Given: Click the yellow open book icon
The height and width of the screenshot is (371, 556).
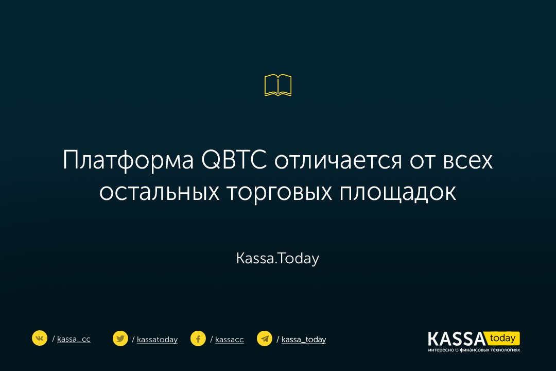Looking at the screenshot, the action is point(278,85).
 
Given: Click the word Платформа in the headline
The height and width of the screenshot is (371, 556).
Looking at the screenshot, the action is point(128,160).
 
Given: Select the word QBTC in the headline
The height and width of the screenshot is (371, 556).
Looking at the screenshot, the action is point(234,160).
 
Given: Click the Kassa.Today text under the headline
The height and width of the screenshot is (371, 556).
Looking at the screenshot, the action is point(277,259).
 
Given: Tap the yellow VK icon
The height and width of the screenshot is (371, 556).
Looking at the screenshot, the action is point(39,338).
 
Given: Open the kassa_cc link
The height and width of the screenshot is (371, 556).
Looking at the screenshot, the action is point(74,339).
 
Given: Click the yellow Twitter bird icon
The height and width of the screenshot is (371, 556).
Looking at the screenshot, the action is point(120,339).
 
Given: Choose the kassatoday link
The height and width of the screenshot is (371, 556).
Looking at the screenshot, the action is point(157,340).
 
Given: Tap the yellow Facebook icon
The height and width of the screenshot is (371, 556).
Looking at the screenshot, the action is point(198,339).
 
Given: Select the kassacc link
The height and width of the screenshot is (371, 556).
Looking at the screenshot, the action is point(230,340).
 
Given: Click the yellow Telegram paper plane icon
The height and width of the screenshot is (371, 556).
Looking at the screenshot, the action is point(264,339).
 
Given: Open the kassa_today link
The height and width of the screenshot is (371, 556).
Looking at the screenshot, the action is point(304,340).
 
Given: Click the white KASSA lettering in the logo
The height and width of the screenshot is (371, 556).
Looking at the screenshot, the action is point(456,339).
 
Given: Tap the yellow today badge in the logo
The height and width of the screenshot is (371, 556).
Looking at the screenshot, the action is point(503,339).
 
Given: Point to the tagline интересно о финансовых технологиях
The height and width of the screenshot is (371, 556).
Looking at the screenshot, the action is point(474,350).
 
